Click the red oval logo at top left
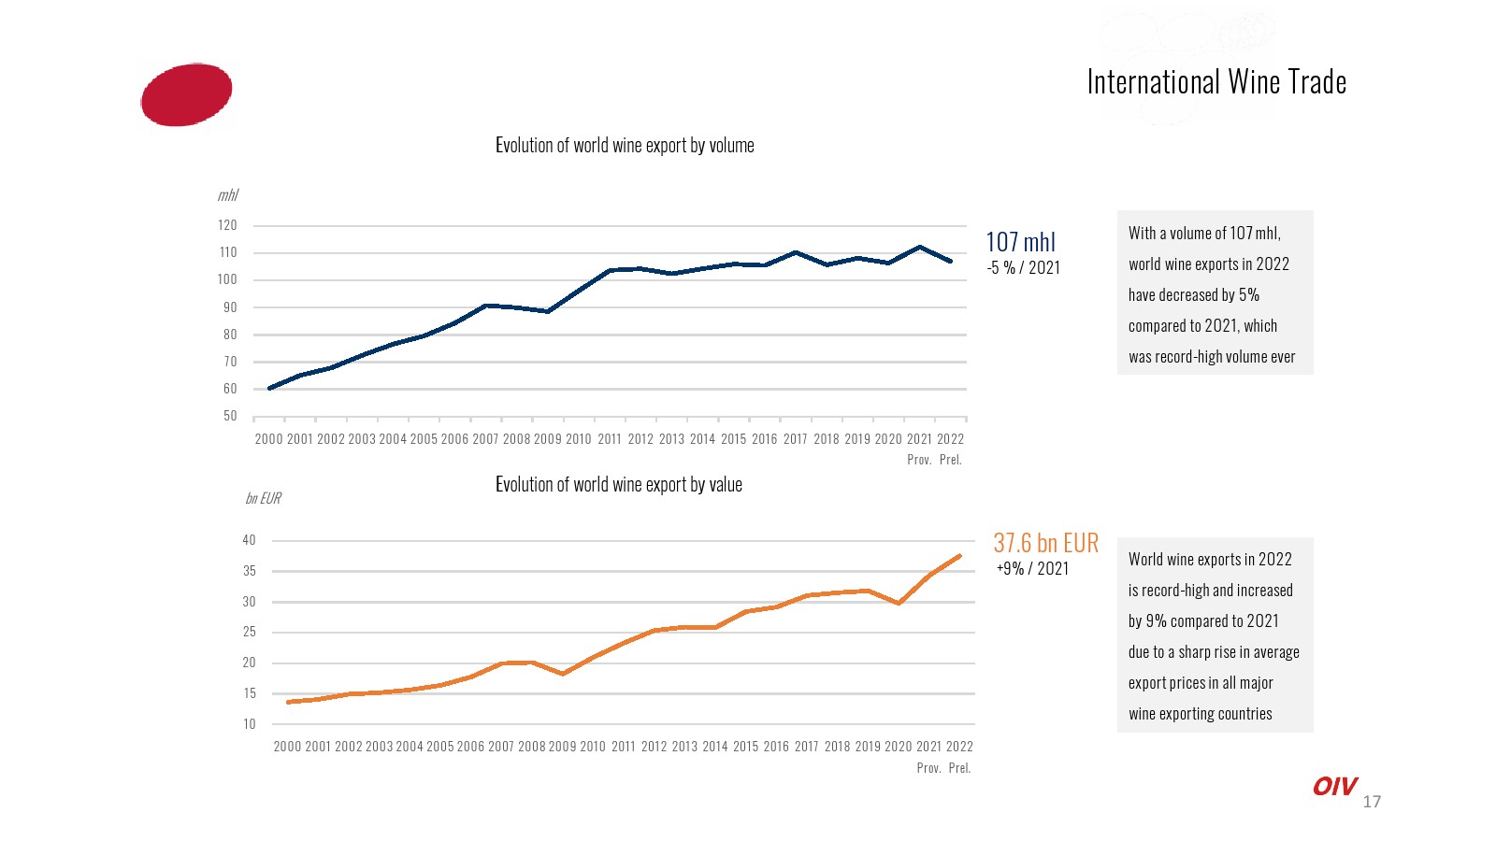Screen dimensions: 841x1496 click(x=186, y=94)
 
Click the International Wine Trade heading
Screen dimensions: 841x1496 click(x=1215, y=82)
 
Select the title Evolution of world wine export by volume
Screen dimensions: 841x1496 click(x=625, y=146)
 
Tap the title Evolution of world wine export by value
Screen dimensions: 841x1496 click(x=618, y=485)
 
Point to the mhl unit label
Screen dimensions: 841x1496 click(x=228, y=195)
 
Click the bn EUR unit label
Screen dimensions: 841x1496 click(x=263, y=498)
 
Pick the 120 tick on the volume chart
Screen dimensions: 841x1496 click(x=227, y=225)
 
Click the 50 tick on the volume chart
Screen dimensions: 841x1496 click(x=230, y=416)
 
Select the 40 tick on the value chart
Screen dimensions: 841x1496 click(x=249, y=540)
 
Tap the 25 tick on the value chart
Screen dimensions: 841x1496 click(x=249, y=632)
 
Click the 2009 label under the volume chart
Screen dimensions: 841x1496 click(x=548, y=439)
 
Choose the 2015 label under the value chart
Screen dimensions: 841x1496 click(x=745, y=747)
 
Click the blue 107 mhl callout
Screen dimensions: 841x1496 click(x=1020, y=242)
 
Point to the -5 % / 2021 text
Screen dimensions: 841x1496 click(x=1023, y=268)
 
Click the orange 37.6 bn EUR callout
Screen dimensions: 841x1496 click(x=1045, y=543)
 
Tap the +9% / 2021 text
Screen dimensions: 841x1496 click(x=1032, y=569)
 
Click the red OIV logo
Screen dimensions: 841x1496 click(x=1334, y=787)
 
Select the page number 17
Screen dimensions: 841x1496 click(x=1372, y=802)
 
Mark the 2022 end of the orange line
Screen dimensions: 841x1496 click(x=959, y=556)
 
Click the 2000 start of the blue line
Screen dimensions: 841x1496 click(x=269, y=388)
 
